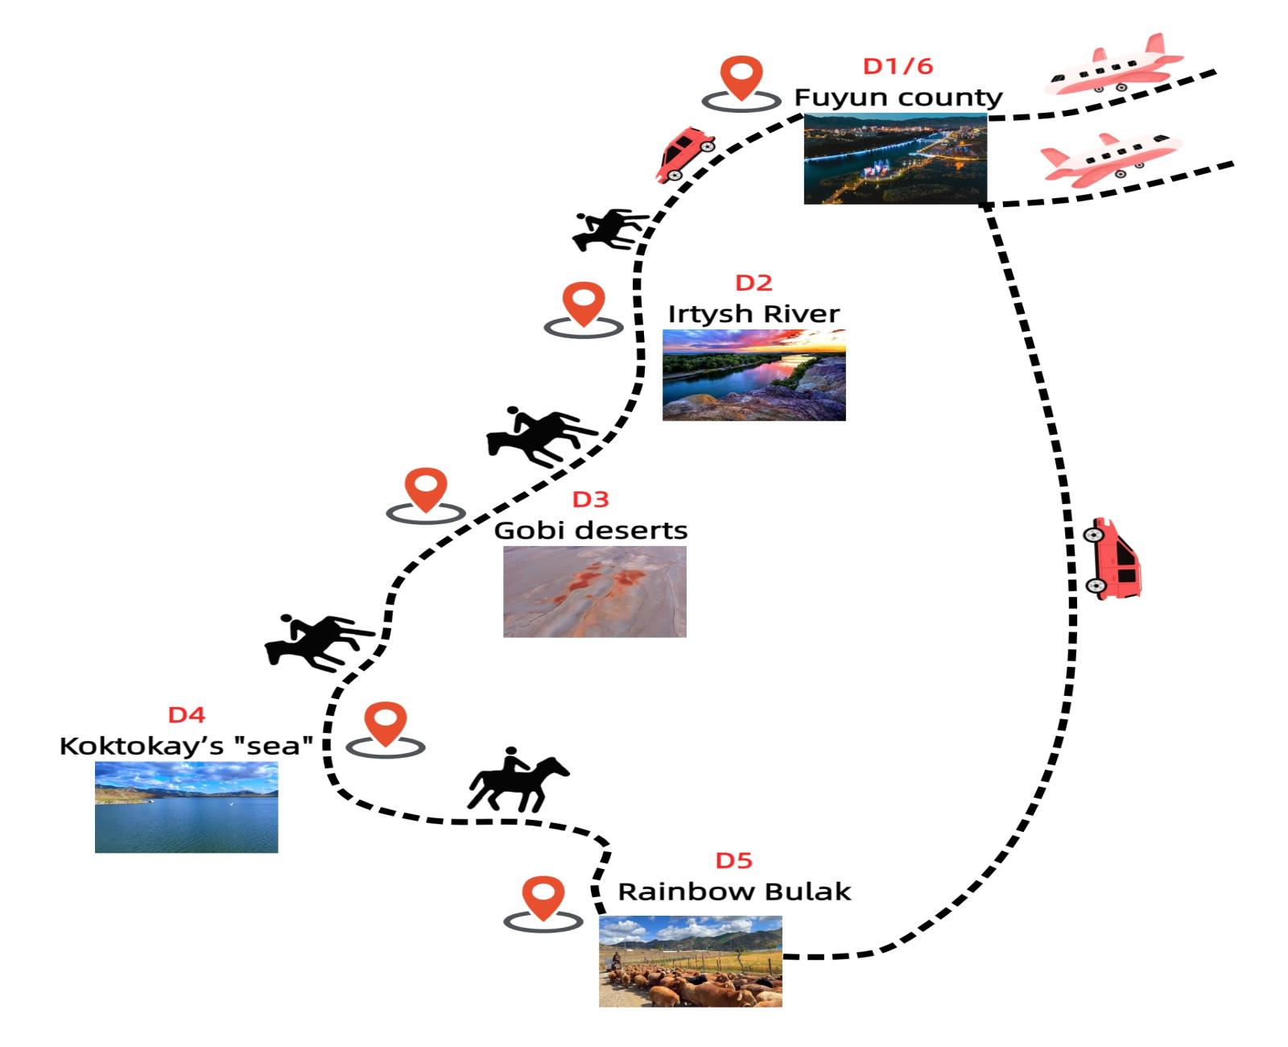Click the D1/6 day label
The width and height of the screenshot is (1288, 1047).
[x=898, y=66]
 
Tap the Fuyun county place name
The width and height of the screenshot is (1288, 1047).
[x=898, y=97]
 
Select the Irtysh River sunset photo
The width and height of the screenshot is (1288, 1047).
[x=753, y=375]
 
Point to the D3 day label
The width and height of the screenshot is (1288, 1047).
[x=590, y=499]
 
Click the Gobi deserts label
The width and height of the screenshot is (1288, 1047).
[x=590, y=530]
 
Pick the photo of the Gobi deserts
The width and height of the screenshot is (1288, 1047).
[x=594, y=591]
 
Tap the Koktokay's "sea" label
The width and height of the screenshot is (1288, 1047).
[x=186, y=746]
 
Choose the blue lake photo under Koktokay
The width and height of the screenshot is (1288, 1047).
[x=186, y=807]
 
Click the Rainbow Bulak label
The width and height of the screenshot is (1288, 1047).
[x=734, y=892]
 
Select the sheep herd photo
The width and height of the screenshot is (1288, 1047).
[x=690, y=961]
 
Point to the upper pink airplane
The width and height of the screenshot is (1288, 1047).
[x=1115, y=64]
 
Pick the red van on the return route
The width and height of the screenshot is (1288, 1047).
[x=1113, y=559]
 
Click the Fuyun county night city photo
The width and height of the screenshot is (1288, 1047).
[x=895, y=159]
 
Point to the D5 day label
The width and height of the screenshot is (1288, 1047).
[x=733, y=861]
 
